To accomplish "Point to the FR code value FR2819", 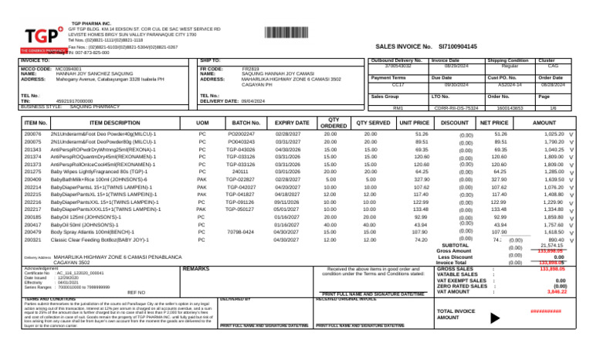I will click(x=240, y=69).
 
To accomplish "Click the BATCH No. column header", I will click(x=246, y=123).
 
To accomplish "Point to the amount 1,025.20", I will click(x=554, y=134).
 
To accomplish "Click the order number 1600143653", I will click(x=510, y=108).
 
